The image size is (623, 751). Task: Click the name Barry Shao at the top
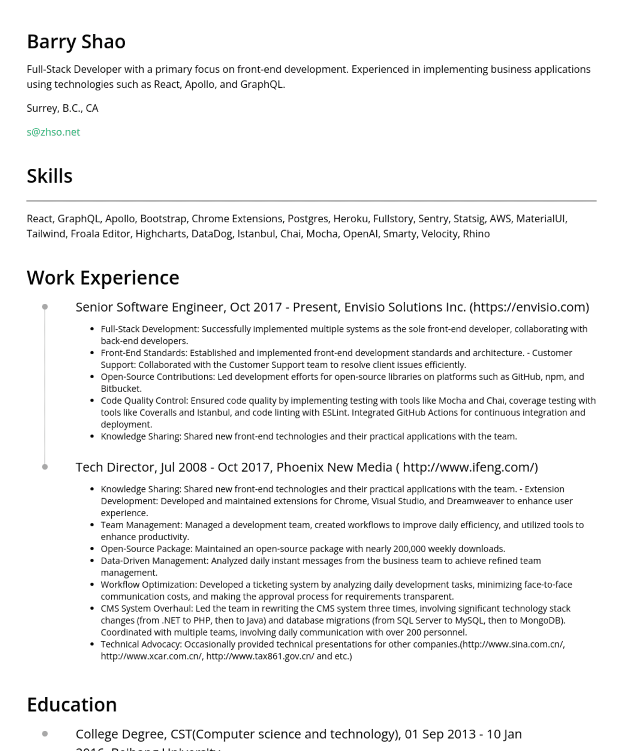76,42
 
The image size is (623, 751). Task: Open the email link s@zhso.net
53,132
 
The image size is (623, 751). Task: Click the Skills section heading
49,176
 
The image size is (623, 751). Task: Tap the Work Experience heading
103,278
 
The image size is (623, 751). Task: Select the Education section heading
72,705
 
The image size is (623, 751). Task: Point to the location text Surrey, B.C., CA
62,108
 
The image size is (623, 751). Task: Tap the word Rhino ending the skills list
476,234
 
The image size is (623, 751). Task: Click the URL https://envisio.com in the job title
529,307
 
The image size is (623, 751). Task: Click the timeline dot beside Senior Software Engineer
45,307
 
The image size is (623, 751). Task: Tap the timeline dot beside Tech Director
45,467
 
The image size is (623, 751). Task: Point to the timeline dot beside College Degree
45,734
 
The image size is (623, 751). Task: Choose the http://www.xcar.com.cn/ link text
151,656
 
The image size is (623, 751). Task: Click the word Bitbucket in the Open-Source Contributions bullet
121,388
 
